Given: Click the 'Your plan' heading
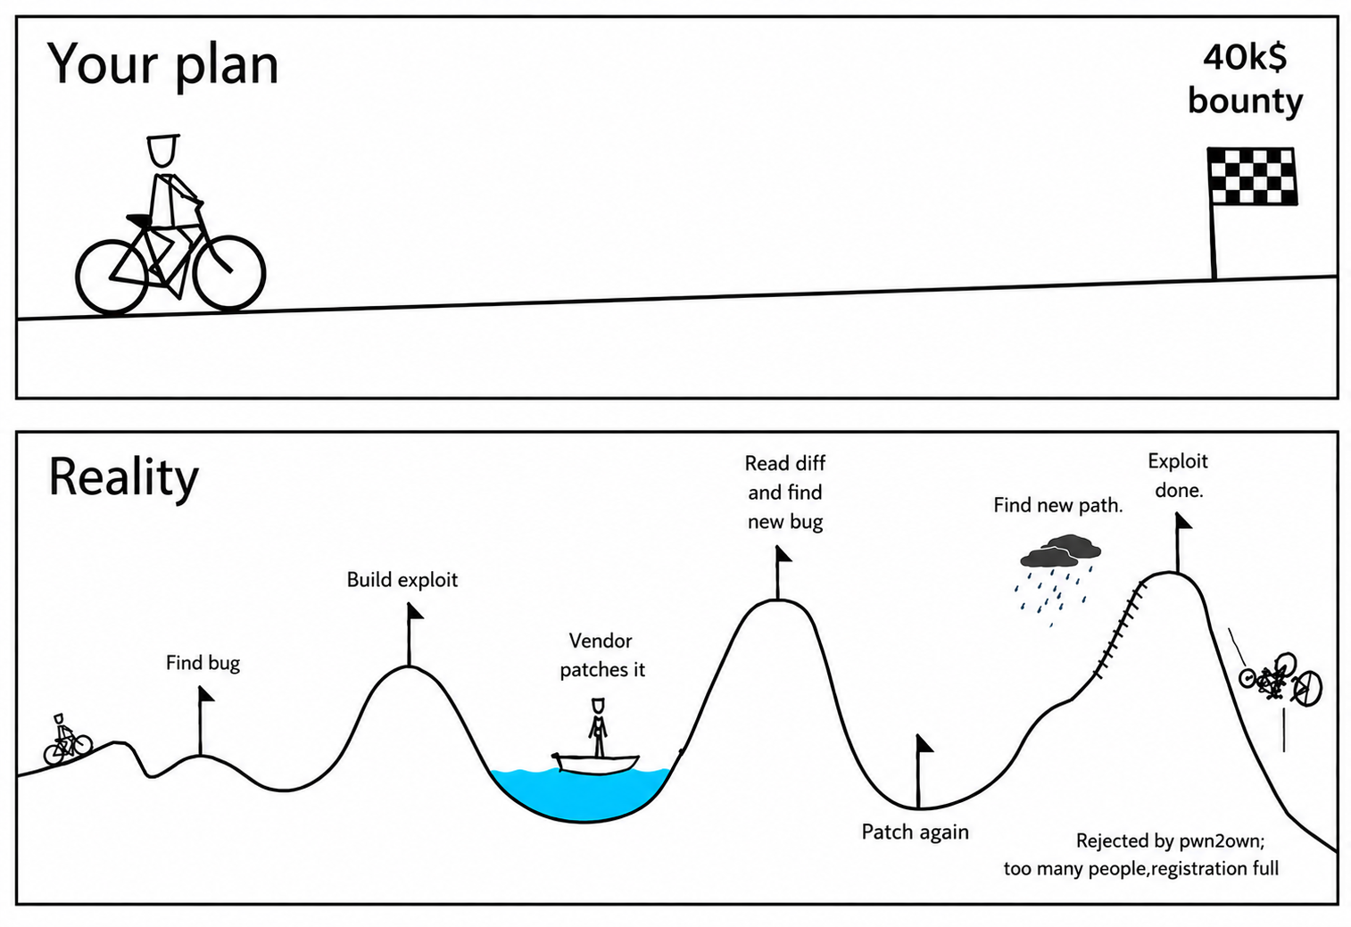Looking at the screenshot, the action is (162, 65).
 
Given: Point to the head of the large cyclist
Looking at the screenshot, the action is (162, 150).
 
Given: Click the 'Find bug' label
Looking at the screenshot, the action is (203, 664).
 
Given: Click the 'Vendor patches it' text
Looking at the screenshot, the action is (602, 655).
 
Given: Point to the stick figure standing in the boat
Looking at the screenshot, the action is (598, 727).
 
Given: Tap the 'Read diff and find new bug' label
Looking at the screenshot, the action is (784, 492).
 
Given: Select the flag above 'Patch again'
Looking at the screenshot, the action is (924, 771).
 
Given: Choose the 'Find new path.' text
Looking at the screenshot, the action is (1058, 505).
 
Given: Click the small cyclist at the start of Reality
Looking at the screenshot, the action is (67, 740).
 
